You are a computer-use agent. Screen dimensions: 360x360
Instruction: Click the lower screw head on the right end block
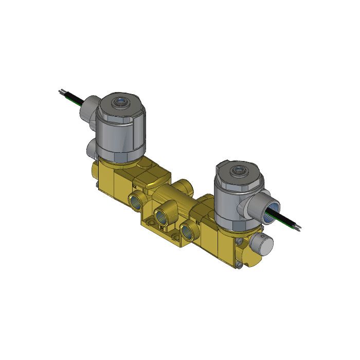pyautogui.click(x=241, y=266)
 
